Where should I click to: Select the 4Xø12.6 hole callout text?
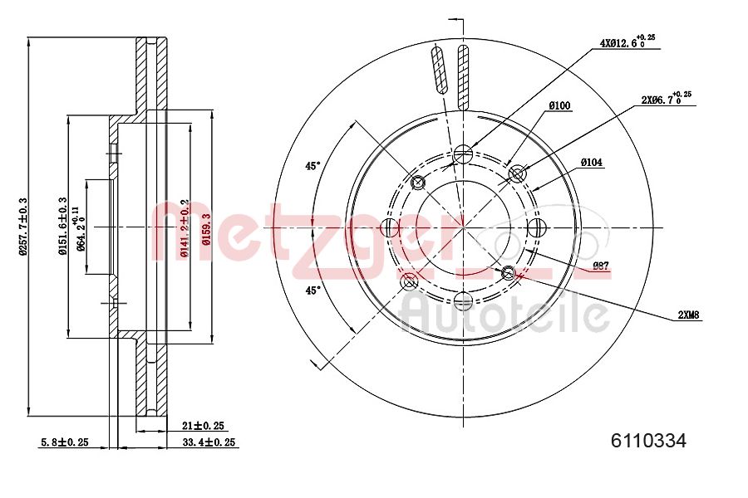click(x=622, y=41)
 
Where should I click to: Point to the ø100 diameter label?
click(x=559, y=105)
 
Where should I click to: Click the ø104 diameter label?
click(x=591, y=163)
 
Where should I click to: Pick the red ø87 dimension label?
click(x=602, y=266)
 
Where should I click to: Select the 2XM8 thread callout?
click(x=689, y=315)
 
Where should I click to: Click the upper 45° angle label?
click(x=312, y=166)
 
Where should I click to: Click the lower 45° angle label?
click(x=312, y=290)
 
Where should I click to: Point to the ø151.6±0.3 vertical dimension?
click(x=62, y=226)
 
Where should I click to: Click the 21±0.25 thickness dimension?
click(x=203, y=425)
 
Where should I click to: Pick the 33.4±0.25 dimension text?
click(x=209, y=443)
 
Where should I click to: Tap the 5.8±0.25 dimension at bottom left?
click(x=64, y=443)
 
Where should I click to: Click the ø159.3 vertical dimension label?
click(x=204, y=226)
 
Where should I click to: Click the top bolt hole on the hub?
click(x=464, y=153)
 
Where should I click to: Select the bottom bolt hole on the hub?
click(x=464, y=299)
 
